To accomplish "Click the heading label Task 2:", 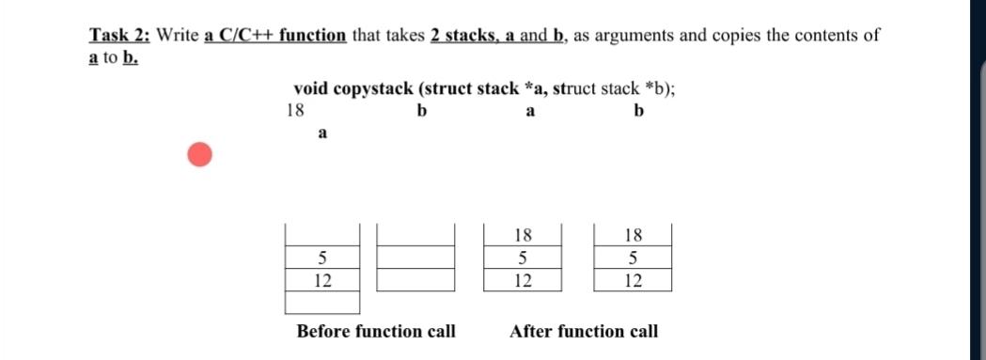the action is pos(120,36).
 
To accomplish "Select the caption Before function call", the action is pos(376,331).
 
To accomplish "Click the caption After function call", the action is pos(584,331).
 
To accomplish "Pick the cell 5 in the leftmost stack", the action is pos(322,258).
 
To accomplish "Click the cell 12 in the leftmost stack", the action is pos(322,280).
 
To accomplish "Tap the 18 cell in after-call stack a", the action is pos(524,235).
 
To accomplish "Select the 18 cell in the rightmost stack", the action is pos(634,235).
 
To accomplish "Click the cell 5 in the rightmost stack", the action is pos(634,258).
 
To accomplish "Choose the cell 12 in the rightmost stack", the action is pos(634,280).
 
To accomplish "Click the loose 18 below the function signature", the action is pos(294,110).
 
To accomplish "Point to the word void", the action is pos(312,89).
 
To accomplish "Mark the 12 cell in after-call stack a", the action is pos(524,280).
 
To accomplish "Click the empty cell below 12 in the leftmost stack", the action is pos(322,303).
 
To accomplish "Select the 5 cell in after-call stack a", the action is pos(524,258).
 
